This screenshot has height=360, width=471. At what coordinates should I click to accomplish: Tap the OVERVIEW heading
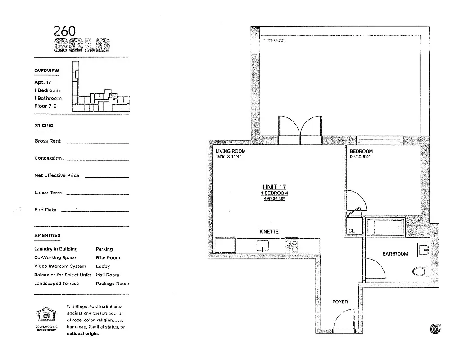tap(46, 71)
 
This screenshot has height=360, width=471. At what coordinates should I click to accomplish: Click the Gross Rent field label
tap(47, 141)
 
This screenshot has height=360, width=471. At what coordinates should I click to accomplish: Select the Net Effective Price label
tap(56, 175)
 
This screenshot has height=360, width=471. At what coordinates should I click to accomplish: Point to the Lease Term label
tap(48, 193)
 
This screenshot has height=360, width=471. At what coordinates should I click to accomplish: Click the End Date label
tap(45, 210)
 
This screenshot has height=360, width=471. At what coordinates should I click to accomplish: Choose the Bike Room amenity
tap(108, 258)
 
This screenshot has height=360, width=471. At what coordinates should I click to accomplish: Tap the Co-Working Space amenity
tap(55, 258)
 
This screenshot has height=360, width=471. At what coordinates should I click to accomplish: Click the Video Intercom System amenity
tap(60, 266)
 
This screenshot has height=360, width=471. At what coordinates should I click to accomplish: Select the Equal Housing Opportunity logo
tap(47, 318)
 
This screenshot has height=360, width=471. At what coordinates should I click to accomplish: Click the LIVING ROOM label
tap(231, 151)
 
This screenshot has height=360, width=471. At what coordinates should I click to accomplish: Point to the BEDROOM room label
tap(361, 151)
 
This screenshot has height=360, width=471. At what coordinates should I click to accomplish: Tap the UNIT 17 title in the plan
tap(274, 187)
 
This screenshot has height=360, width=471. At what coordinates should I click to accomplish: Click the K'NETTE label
tap(269, 232)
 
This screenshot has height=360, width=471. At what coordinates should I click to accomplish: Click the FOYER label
tap(340, 302)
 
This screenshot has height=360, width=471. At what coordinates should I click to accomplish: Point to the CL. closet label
tap(352, 231)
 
